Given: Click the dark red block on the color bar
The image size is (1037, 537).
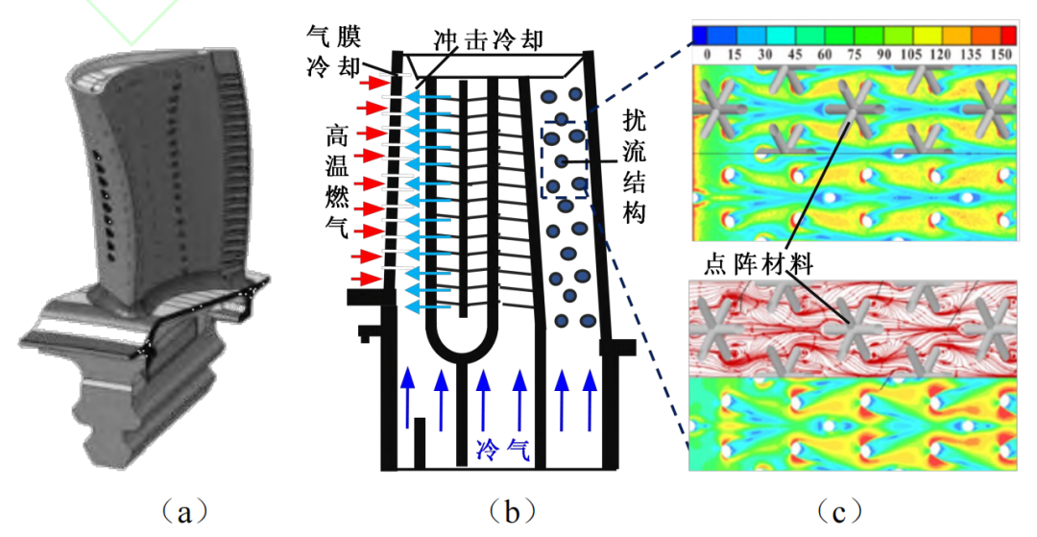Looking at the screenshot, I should pos(1001,36).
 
